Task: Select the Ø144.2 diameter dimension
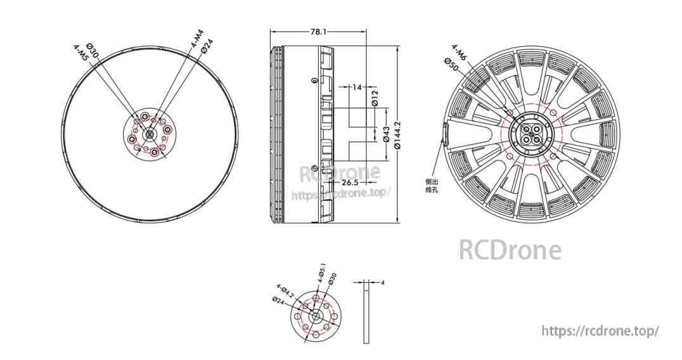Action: click(397, 134)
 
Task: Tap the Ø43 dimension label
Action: click(387, 134)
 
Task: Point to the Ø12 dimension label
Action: click(375, 98)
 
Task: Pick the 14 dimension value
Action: click(356, 87)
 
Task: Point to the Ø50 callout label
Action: click(451, 64)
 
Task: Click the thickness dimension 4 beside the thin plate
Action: click(382, 283)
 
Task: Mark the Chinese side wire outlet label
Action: click(432, 185)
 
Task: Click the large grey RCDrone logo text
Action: click(509, 250)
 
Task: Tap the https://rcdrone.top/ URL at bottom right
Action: click(600, 331)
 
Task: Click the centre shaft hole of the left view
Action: click(150, 134)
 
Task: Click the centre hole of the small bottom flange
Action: click(314, 316)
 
